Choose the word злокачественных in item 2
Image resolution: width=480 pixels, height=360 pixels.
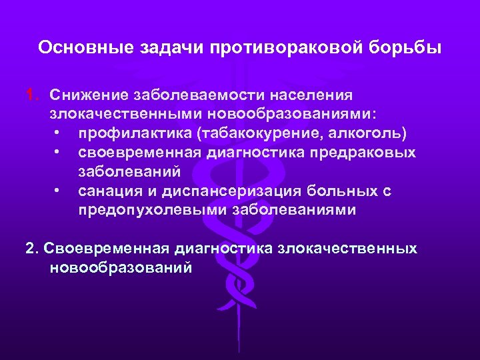pos(347,249)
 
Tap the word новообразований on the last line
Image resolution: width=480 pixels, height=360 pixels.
pos(120,268)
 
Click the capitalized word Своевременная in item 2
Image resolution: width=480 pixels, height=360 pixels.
pos(106,249)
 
